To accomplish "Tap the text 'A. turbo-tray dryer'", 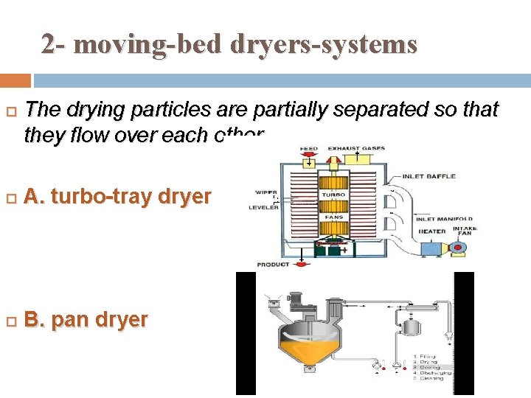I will click(118, 197).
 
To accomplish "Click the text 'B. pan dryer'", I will click(86, 320).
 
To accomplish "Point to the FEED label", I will click(308, 149).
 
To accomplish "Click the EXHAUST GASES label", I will click(356, 149).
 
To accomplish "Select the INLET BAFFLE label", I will click(429, 177).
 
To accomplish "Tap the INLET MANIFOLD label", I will click(445, 219).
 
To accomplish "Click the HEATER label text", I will click(431, 231).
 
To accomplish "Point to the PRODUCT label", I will click(273, 264).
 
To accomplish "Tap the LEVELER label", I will click(264, 207).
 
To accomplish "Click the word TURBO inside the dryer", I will click(333, 195).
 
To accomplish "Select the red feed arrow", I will click(305, 158).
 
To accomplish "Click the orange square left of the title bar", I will click(15, 80).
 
